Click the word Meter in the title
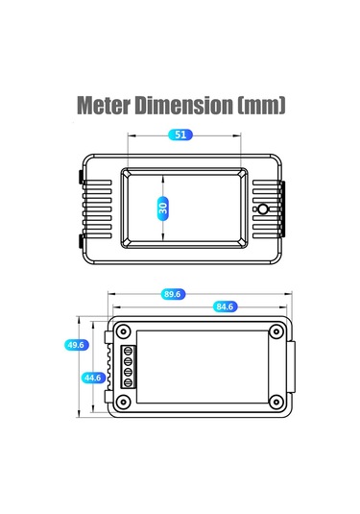[103, 106]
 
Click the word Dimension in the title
[184, 106]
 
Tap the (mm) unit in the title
[261, 106]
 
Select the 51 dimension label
[180, 135]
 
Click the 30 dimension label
[163, 208]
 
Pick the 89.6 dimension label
[173, 294]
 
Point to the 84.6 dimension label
[225, 306]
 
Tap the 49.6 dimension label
[77, 345]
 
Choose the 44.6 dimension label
[93, 378]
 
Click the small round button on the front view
[262, 209]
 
